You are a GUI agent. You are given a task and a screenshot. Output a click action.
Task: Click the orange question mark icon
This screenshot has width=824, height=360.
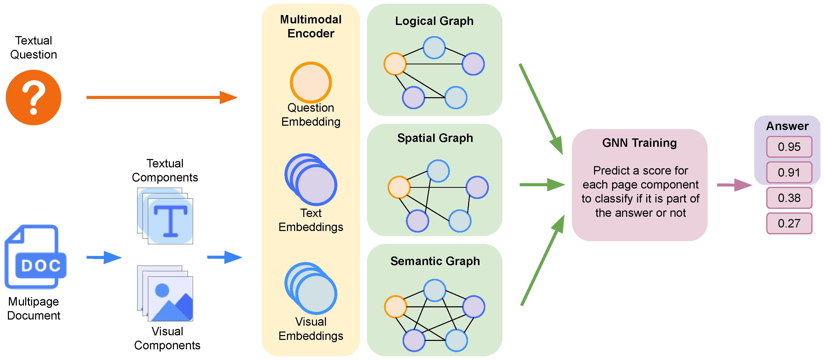tap(34, 97)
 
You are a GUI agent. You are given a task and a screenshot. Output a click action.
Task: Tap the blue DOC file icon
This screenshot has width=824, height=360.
tap(35, 257)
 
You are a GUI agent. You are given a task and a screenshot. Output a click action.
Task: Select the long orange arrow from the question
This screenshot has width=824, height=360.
tap(162, 97)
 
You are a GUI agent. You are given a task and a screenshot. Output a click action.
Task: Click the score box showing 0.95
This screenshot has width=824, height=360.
tap(789, 147)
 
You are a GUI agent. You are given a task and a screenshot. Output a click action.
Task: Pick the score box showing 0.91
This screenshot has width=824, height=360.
tap(789, 172)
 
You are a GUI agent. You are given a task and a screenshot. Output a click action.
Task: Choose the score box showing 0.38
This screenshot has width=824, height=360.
tap(789, 198)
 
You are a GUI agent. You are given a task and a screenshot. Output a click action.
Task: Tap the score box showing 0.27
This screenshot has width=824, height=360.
tap(789, 223)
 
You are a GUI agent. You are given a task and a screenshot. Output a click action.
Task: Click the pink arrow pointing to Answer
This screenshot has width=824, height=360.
tap(734, 185)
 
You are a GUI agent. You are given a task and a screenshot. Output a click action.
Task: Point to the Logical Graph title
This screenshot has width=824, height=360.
tap(434, 21)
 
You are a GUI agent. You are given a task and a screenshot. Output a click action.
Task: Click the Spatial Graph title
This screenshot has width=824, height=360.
tap(435, 138)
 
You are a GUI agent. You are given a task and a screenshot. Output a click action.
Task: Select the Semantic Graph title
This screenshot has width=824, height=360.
tap(435, 261)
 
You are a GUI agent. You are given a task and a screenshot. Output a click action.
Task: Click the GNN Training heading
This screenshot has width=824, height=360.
tap(639, 143)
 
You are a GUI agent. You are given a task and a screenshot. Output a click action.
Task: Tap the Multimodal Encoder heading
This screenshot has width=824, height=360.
tap(311, 26)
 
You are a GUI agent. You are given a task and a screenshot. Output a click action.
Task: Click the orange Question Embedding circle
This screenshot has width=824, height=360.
tap(311, 82)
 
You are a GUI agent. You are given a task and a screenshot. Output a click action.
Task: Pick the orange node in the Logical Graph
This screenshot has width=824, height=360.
tap(395, 64)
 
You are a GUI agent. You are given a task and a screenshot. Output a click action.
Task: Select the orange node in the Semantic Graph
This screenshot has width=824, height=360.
tap(395, 307)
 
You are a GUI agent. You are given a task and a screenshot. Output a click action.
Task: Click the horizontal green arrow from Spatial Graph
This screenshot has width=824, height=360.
tap(542, 184)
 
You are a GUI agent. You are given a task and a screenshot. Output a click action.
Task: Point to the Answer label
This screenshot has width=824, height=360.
tap(787, 126)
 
